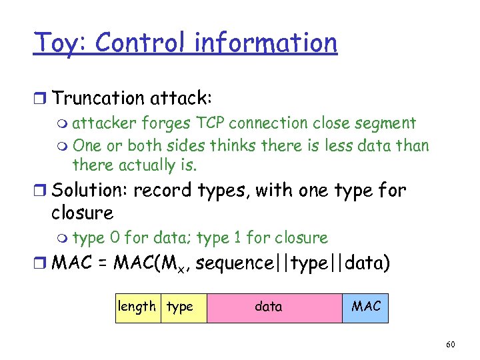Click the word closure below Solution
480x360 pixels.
coord(82,213)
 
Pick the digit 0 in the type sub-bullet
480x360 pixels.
coord(115,238)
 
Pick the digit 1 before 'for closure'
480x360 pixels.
coord(237,238)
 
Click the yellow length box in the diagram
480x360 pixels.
coord(137,307)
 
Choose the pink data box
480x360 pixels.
coord(274,307)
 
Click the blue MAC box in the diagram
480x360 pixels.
coord(365,307)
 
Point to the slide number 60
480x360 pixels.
coord(450,345)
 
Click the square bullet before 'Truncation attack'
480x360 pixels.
coord(41,99)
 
